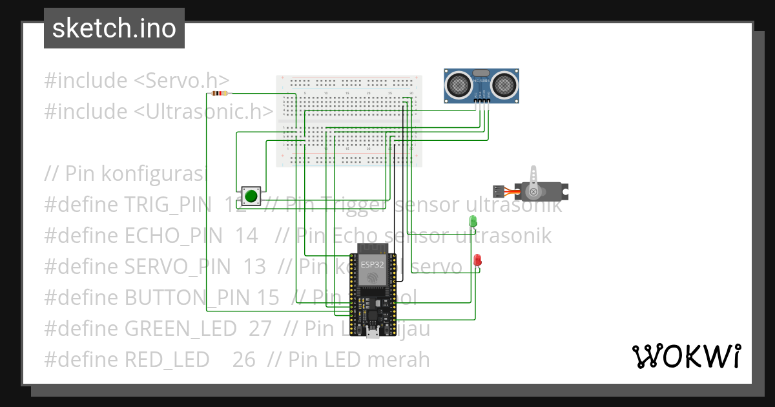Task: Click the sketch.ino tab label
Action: pyautogui.click(x=114, y=28)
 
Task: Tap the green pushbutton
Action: pyautogui.click(x=251, y=196)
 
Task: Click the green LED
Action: pyautogui.click(x=472, y=222)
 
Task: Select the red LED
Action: pyautogui.click(x=477, y=260)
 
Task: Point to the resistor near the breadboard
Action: pyautogui.click(x=220, y=94)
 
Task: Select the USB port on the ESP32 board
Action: pyautogui.click(x=371, y=332)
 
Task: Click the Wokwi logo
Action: pyautogui.click(x=686, y=356)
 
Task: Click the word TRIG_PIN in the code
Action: pyautogui.click(x=167, y=205)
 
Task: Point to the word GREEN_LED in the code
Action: pyautogui.click(x=180, y=329)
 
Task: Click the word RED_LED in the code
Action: pyautogui.click(x=167, y=359)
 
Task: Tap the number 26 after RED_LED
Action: pyautogui.click(x=244, y=359)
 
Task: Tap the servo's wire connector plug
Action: pyautogui.click(x=499, y=191)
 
